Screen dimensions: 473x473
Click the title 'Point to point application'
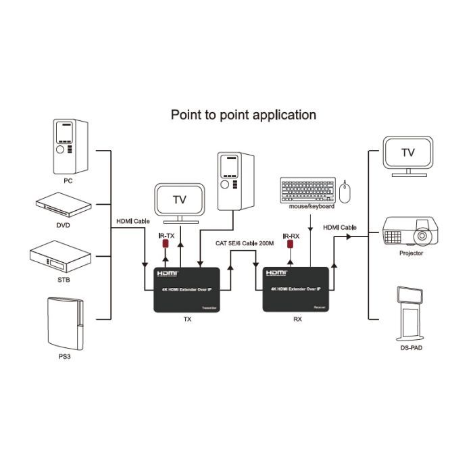pos(243,115)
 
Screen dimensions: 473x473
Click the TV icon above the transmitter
pos(179,201)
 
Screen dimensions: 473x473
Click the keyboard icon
pos(307,189)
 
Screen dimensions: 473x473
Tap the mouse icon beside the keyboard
pos(345,192)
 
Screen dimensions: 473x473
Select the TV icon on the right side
pos(407,155)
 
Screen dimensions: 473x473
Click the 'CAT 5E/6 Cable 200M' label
pos(244,243)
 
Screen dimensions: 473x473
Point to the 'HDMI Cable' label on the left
pos(132,222)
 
